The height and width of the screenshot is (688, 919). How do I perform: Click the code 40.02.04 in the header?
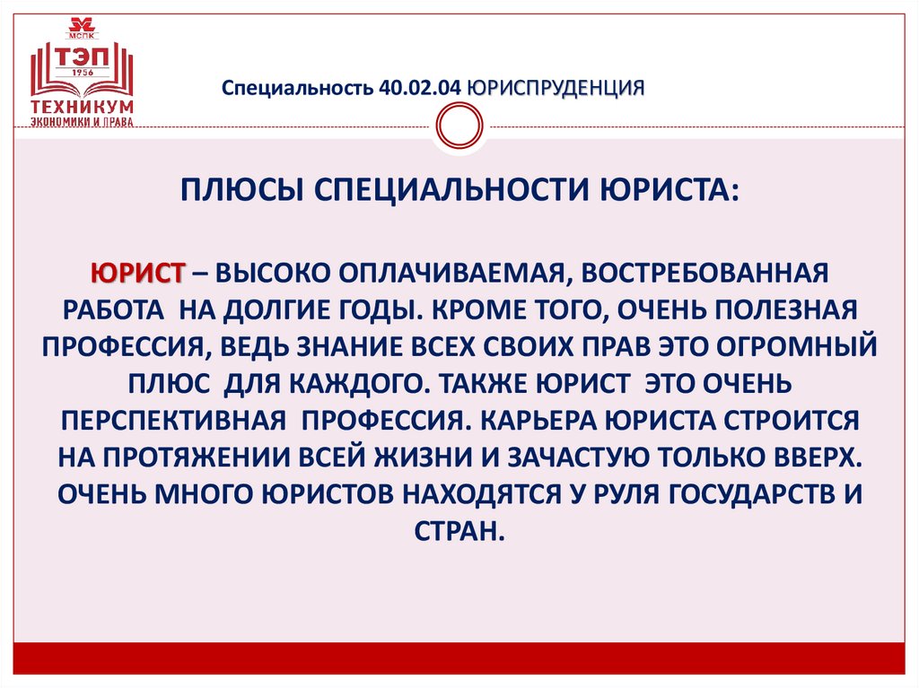coord(420,88)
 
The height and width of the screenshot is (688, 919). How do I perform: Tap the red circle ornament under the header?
coord(459,126)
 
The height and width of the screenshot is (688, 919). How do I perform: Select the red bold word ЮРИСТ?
coord(137,270)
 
